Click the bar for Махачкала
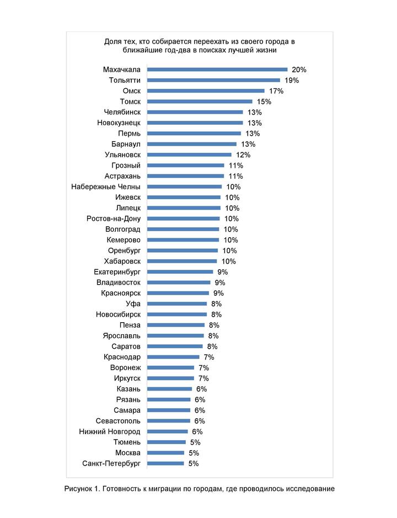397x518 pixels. coord(218,70)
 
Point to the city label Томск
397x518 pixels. coord(130,102)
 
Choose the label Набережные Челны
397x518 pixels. coord(106,187)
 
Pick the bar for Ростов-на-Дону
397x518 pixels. coord(184,218)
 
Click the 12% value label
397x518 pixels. coord(243,155)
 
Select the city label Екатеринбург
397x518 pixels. coord(117,272)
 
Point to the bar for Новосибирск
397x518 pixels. coord(177,314)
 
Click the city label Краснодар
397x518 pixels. coord(122,357)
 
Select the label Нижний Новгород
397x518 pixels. coord(109,431)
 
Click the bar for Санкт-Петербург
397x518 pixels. coord(166,463)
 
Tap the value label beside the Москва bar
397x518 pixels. coord(194,453)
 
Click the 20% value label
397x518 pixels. coord(299,70)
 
